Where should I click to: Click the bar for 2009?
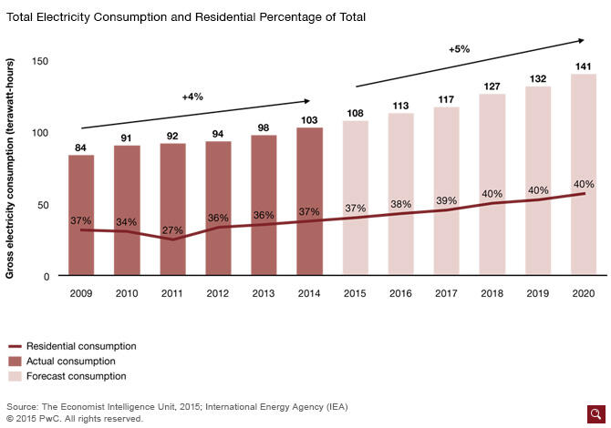(x=81, y=215)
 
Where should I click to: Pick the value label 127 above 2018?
(x=492, y=87)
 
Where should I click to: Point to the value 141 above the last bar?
(x=584, y=66)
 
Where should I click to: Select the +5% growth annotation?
(x=460, y=49)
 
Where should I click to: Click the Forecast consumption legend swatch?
(x=15, y=376)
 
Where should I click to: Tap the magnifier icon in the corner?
(x=596, y=414)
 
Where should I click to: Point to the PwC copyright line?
(x=75, y=419)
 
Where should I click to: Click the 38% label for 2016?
(x=400, y=205)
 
